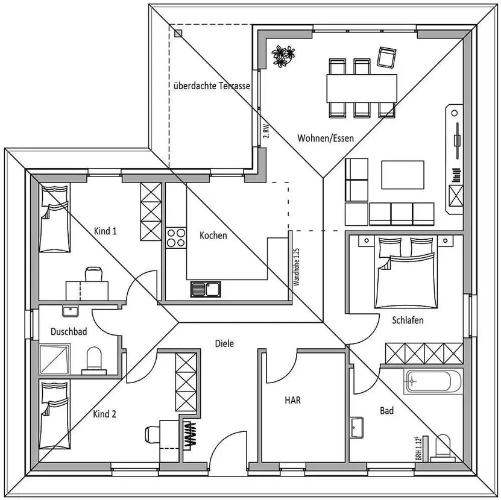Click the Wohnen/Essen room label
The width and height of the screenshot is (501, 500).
[x=326, y=138]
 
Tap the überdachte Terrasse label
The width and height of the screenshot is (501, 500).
[x=212, y=86]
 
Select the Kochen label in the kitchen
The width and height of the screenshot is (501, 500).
[x=213, y=236]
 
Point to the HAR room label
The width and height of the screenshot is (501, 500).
[x=292, y=400]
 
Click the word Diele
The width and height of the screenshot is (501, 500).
[x=224, y=343]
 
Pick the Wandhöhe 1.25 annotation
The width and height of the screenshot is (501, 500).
[x=296, y=267]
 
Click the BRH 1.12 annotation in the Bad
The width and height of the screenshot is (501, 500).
[x=418, y=448]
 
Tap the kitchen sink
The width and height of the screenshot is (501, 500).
[x=206, y=289]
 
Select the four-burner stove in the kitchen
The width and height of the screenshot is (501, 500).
[x=175, y=238]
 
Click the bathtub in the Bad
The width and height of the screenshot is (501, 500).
[x=433, y=381]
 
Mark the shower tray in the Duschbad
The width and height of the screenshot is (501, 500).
[x=55, y=359]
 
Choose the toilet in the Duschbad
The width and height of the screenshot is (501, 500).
[x=94, y=360]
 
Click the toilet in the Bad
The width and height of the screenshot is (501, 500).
[x=443, y=448]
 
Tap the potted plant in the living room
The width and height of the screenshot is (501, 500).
[x=283, y=56]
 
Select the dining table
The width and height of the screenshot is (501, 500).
[x=362, y=89]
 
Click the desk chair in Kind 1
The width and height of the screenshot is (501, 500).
[x=94, y=275]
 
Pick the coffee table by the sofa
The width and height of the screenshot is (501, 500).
[x=403, y=175]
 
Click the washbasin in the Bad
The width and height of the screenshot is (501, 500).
[x=356, y=428]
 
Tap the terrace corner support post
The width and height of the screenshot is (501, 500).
[x=178, y=34]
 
